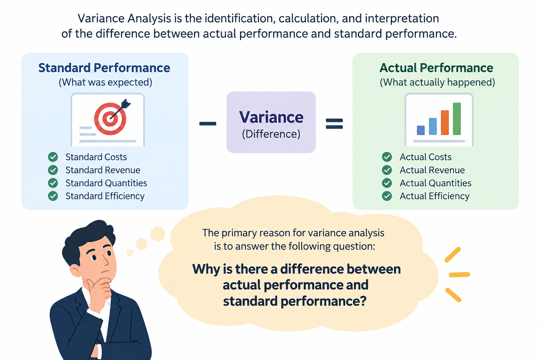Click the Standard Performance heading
[104, 68]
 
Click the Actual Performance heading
[436, 68]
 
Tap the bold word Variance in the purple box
[271, 117]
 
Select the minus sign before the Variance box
[207, 124]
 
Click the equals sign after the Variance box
[334, 123]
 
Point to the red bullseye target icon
[110, 118]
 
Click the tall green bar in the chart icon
[457, 118]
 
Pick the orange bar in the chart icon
[445, 122]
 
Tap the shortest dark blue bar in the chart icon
[421, 130]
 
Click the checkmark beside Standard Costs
[53, 157]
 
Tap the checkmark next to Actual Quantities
[387, 183]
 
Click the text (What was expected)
[105, 83]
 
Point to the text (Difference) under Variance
[271, 134]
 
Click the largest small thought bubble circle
[157, 234]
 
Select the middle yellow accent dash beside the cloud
[459, 275]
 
